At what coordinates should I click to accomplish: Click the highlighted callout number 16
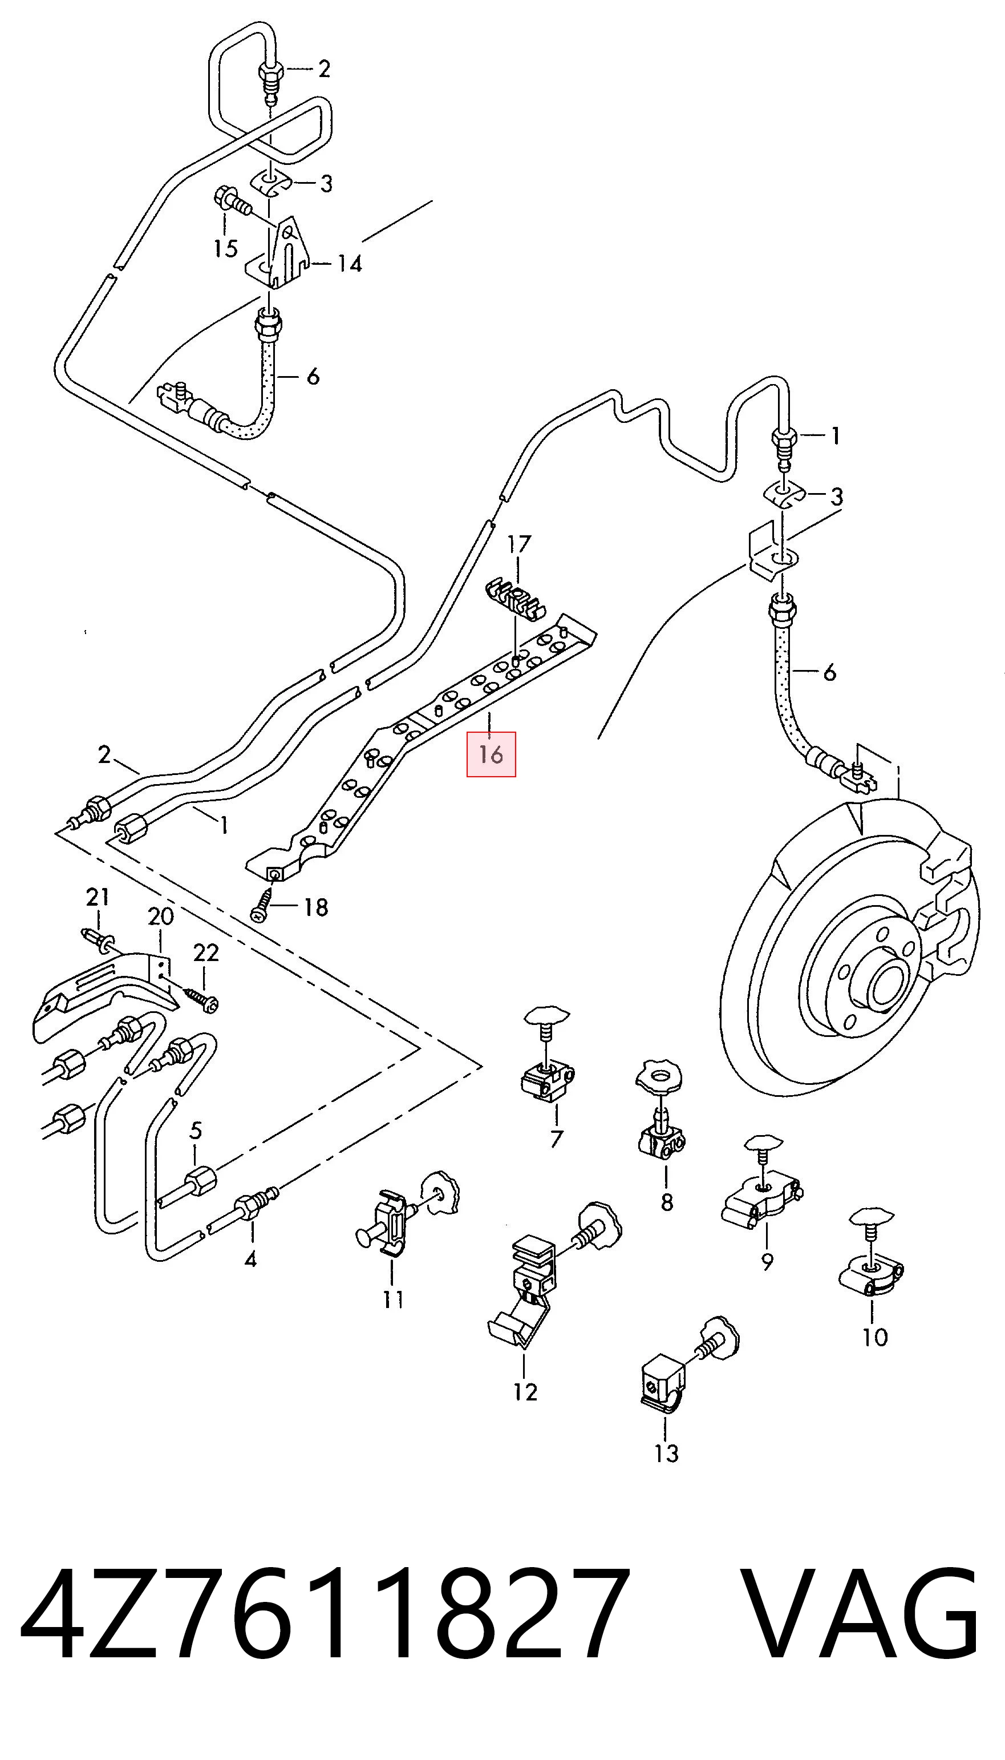(x=491, y=754)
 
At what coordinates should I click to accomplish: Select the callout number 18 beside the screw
(x=315, y=907)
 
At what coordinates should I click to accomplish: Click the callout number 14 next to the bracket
(x=349, y=263)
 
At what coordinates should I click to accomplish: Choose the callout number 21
(x=98, y=898)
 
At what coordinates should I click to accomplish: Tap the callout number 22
(x=206, y=953)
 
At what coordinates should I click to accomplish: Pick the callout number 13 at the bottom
(x=667, y=1454)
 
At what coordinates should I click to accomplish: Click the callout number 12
(x=525, y=1392)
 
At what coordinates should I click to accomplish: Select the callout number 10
(x=874, y=1338)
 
